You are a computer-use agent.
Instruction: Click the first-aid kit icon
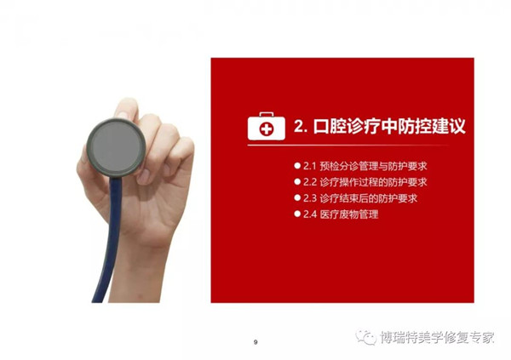tap(267, 126)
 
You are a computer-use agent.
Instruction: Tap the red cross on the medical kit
tap(267, 129)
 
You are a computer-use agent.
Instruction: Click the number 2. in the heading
tap(301, 126)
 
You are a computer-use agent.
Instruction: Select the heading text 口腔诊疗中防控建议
tap(389, 126)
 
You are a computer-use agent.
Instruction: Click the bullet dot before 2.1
tap(297, 165)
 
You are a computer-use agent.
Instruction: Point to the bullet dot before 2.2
tap(297, 181)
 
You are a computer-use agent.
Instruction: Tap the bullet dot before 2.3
tap(297, 197)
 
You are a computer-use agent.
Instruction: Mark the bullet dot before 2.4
tap(297, 214)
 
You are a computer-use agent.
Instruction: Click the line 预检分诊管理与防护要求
tap(373, 166)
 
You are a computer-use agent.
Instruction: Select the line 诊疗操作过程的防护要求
tap(373, 182)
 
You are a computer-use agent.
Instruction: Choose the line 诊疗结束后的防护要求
tap(368, 198)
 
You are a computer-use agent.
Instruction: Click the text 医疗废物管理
tap(349, 214)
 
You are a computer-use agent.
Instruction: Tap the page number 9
tap(255, 342)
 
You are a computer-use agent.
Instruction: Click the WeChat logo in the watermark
tap(365, 337)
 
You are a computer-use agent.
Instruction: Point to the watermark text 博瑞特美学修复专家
tap(437, 338)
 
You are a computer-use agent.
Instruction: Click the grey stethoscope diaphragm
tap(116, 147)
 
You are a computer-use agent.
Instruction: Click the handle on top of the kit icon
tap(267, 114)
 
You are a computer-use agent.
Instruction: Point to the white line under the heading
tap(348, 145)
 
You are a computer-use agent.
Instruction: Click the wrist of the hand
tap(137, 277)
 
